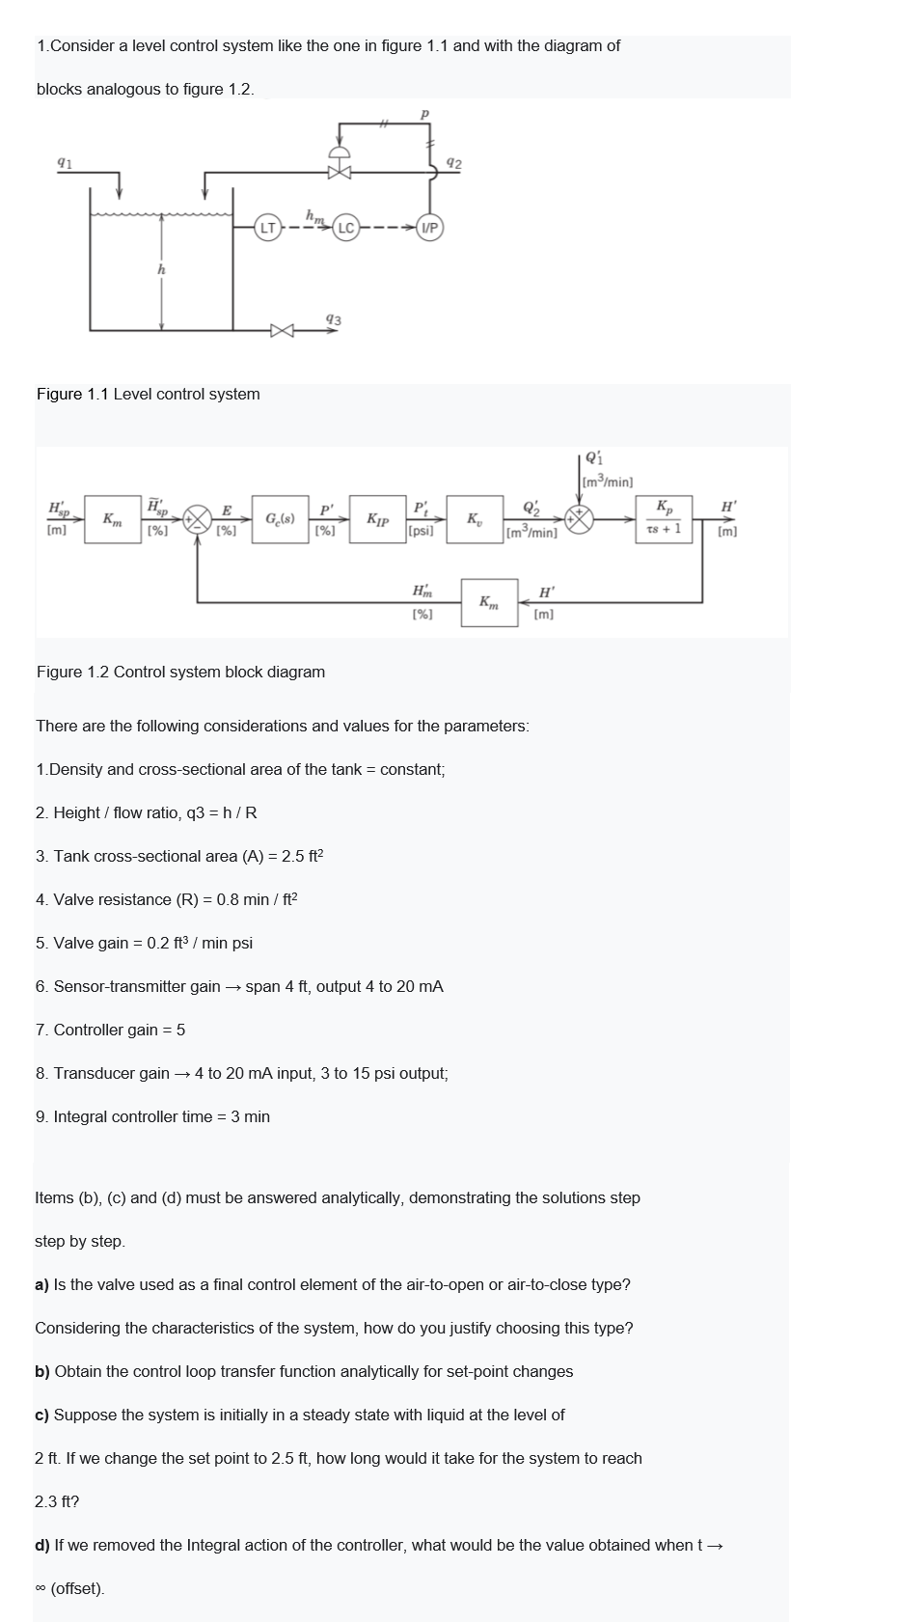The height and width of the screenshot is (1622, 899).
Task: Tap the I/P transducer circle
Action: pyautogui.click(x=429, y=229)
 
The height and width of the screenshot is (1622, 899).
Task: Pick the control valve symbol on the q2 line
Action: pyautogui.click(x=339, y=173)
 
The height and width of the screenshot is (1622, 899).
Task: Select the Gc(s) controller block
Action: pyautogui.click(x=280, y=519)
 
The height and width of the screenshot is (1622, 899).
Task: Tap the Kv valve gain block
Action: pyautogui.click(x=475, y=520)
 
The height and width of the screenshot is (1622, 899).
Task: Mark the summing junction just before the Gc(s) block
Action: pyautogui.click(x=198, y=519)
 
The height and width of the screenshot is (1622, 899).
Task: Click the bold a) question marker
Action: pyautogui.click(x=42, y=1284)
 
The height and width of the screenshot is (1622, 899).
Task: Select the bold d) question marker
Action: pyautogui.click(x=42, y=1545)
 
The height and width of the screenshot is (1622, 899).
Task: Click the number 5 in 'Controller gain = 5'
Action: pyautogui.click(x=180, y=1030)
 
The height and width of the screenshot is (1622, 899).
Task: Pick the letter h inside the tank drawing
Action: pyautogui.click(x=161, y=271)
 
